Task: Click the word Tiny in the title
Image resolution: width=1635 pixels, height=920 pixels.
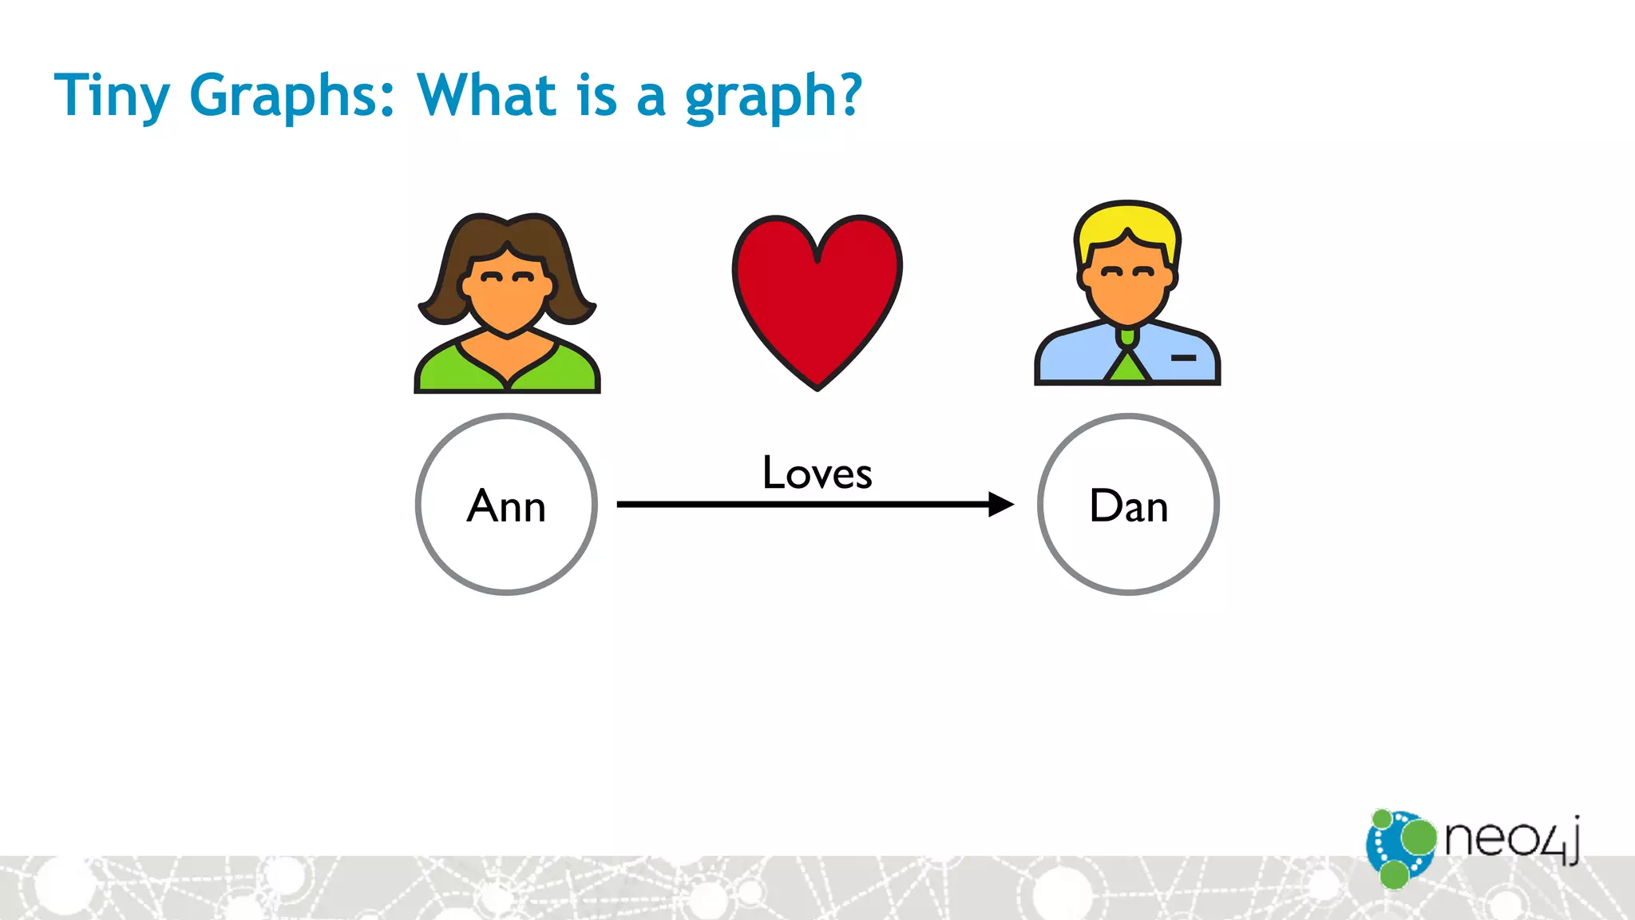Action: click(111, 96)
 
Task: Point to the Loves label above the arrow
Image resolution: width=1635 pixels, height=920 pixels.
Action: click(817, 473)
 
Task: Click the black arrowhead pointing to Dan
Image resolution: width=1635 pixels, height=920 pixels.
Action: click(1000, 504)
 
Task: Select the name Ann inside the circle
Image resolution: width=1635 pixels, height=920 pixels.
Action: click(506, 506)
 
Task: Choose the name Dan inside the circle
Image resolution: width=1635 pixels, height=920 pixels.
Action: click(1128, 506)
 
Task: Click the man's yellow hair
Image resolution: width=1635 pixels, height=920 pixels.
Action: click(1126, 220)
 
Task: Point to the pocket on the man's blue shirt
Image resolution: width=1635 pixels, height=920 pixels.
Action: click(1183, 358)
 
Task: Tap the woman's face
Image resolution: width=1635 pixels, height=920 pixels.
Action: click(507, 295)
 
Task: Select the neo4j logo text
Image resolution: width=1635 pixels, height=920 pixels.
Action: click(1510, 839)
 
